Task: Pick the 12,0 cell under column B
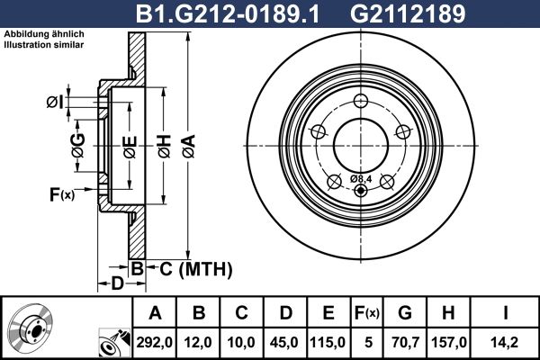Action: click(x=200, y=342)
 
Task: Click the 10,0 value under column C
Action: click(x=242, y=342)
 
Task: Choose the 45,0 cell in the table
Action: click(x=284, y=342)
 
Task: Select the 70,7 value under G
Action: click(x=405, y=342)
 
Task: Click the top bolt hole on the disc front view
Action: click(x=361, y=101)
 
